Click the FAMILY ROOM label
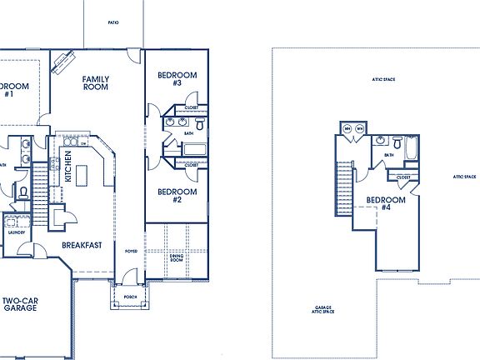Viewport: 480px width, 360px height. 96,82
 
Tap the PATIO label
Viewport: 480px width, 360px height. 113,23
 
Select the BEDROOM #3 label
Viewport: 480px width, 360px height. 177,79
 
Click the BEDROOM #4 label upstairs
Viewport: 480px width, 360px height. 387,203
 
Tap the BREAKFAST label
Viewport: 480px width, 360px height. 82,245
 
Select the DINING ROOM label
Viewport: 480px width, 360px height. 176,259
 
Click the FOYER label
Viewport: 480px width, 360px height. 131,251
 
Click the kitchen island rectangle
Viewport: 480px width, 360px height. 82,175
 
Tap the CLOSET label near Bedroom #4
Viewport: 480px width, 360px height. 403,177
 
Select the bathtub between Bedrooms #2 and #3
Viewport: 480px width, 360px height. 194,151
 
